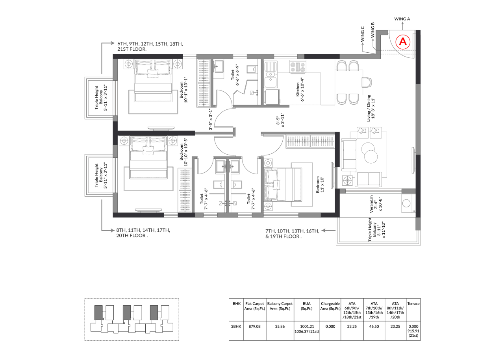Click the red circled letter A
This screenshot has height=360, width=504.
403,42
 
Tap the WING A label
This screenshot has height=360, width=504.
402,19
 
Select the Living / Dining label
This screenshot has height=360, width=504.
371,108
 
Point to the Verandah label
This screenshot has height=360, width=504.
376,204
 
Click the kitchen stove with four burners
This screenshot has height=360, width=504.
298,67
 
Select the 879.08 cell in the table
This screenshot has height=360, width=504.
254,326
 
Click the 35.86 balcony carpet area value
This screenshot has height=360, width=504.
280,326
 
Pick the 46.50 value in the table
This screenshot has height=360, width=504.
374,326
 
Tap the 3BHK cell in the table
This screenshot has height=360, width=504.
236,326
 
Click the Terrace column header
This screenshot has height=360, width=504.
413,304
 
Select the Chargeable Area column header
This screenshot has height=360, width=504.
330,306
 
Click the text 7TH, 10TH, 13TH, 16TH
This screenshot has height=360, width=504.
292,231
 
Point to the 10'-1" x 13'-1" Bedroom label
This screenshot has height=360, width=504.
183,90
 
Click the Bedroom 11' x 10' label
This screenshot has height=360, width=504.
320,185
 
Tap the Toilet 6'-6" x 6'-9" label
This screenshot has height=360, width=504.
235,75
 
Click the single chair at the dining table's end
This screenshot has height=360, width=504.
367,82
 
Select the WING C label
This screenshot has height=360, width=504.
362,34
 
